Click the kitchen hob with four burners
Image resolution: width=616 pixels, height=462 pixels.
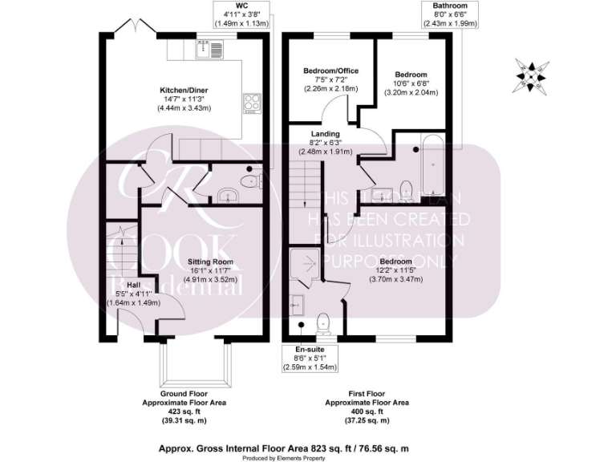click(252, 102)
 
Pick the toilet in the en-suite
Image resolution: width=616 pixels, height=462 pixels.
click(322, 321)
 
